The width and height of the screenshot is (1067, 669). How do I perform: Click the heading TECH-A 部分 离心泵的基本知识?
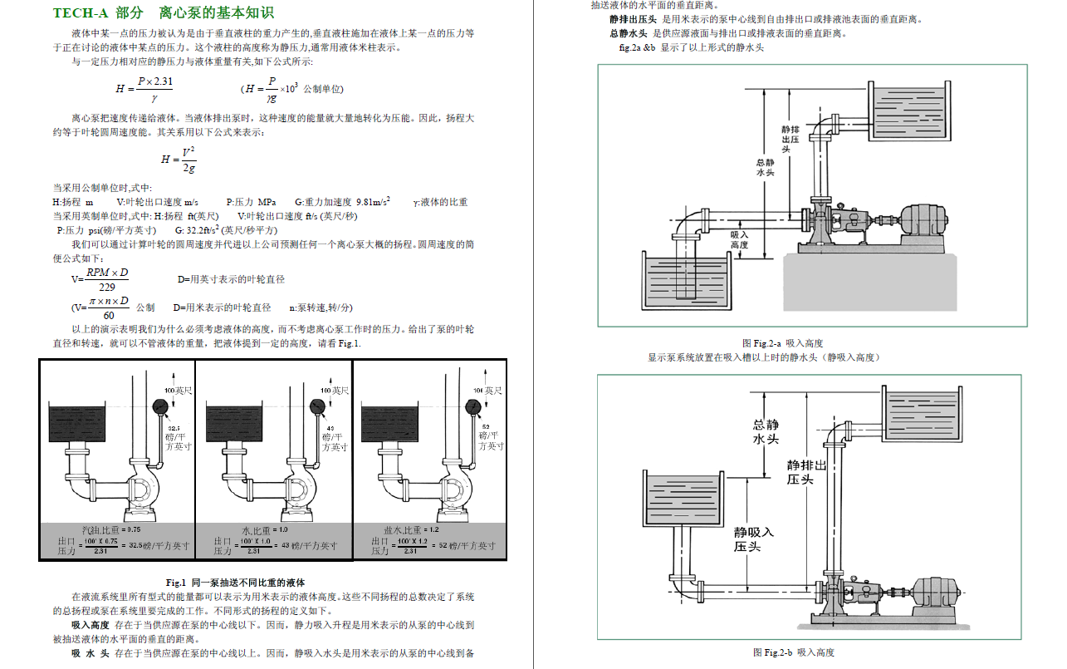[x=163, y=13]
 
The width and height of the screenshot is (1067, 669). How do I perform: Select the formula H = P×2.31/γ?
[x=144, y=88]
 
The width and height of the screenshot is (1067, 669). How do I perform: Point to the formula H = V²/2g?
[x=179, y=159]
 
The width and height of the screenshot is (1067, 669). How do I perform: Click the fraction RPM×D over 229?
[x=107, y=279]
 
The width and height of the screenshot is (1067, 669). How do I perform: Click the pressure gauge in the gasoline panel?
[x=159, y=407]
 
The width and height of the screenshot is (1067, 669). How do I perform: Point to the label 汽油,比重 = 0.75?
[x=111, y=529]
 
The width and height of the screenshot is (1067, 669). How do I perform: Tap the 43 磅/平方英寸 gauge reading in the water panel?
[x=334, y=438]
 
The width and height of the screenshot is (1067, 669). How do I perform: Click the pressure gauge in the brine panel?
[x=475, y=407]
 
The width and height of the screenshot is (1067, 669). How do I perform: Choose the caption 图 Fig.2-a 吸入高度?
[x=782, y=343]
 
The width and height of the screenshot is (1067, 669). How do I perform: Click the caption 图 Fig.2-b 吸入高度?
[x=793, y=652]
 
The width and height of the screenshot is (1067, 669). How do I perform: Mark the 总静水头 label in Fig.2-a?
[x=765, y=168]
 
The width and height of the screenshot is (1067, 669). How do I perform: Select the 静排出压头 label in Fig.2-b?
[x=806, y=472]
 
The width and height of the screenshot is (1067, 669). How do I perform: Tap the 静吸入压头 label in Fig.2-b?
[x=753, y=539]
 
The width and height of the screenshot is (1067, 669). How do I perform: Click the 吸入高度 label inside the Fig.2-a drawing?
[x=739, y=240]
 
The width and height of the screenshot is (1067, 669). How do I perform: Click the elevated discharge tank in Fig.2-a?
[x=908, y=112]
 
